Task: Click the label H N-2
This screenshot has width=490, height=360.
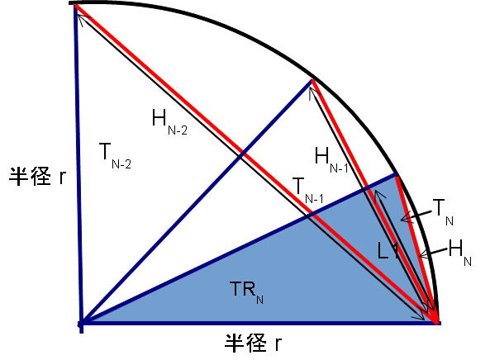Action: (x=169, y=122)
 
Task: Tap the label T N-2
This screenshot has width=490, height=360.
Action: (x=115, y=155)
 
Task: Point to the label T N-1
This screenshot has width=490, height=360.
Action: (x=307, y=190)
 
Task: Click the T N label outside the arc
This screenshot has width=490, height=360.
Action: (x=443, y=212)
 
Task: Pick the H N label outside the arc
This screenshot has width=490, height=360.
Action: (x=459, y=253)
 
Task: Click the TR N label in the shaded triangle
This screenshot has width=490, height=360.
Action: (x=246, y=292)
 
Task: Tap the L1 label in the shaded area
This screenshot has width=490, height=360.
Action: (x=388, y=251)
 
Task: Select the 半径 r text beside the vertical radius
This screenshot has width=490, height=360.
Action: (x=37, y=177)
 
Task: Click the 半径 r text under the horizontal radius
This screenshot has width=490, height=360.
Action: (x=253, y=343)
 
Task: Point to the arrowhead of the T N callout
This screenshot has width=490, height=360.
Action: (x=403, y=219)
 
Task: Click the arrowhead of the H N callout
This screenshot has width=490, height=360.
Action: (x=421, y=255)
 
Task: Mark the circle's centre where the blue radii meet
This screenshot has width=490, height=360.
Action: (x=81, y=323)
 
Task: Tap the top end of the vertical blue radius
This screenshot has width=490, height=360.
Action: (x=75, y=7)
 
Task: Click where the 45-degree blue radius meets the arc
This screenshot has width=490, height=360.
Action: (x=312, y=80)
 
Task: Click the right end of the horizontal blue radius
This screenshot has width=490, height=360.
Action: (x=439, y=323)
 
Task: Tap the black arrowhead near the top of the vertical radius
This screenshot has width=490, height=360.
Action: (x=81, y=19)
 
